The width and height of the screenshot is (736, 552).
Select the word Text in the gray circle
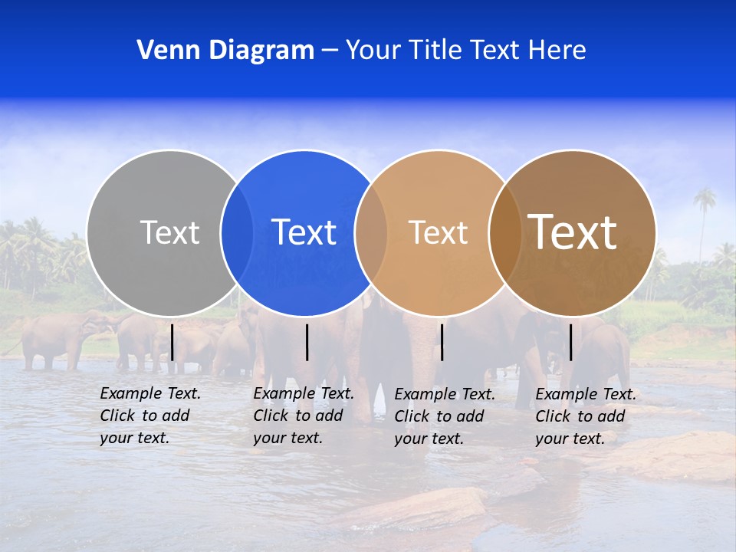click(x=169, y=232)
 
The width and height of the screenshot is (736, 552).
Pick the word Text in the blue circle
click(x=304, y=232)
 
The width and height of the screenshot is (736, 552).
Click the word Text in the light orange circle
click(x=438, y=232)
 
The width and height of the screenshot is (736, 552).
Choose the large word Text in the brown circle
click(x=572, y=232)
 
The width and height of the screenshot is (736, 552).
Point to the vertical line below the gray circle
click(x=172, y=342)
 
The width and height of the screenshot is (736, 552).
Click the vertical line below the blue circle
click(x=307, y=342)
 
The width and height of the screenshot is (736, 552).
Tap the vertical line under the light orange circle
click(x=442, y=342)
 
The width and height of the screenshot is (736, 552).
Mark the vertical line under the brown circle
click(x=570, y=342)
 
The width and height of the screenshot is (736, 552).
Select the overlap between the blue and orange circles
click(x=371, y=233)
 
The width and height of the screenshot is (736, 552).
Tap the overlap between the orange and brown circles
click(x=504, y=233)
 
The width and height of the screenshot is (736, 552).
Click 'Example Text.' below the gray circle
click(x=150, y=393)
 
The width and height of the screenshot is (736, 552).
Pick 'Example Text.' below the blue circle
click(x=304, y=393)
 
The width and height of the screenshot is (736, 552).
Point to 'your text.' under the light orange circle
click(x=429, y=439)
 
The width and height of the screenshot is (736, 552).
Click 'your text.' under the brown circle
click(x=570, y=439)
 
